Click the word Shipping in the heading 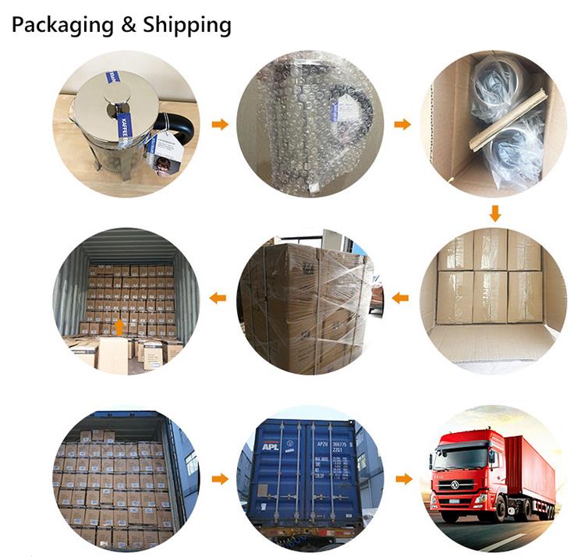click(x=187, y=26)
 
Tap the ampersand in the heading click(x=129, y=26)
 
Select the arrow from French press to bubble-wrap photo click(x=221, y=124)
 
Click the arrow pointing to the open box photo click(x=402, y=124)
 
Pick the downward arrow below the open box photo click(x=495, y=212)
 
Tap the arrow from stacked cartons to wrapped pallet click(x=402, y=297)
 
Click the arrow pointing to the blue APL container click(x=221, y=478)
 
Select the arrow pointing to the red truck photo click(x=402, y=478)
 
